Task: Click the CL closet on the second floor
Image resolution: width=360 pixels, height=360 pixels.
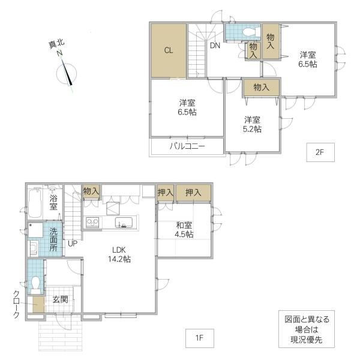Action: [169, 50]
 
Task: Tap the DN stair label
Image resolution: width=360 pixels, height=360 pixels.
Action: [215, 46]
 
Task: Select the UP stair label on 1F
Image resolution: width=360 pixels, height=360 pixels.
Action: [73, 244]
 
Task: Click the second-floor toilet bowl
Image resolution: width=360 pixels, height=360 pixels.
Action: [249, 32]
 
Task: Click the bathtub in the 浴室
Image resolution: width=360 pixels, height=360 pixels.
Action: [35, 203]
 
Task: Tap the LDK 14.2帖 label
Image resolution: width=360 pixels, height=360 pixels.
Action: [119, 254]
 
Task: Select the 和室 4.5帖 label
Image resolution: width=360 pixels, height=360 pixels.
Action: [184, 230]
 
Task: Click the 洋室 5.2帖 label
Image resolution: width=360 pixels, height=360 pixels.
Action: [252, 124]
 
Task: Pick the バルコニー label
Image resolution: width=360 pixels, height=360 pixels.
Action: [187, 146]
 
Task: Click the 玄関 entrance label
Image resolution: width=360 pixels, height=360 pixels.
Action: [60, 299]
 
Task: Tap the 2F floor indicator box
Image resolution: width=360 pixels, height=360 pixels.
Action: [320, 152]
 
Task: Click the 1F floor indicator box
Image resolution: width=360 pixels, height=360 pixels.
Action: [200, 338]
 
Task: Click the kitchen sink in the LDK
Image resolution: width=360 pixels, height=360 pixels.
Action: [124, 222]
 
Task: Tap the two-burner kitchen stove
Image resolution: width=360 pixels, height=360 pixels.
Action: [92, 222]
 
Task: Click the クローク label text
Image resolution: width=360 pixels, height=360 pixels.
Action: [16, 304]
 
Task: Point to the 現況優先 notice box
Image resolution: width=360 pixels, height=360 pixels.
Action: [307, 329]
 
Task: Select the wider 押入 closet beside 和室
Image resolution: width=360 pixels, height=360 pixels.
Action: [193, 193]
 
